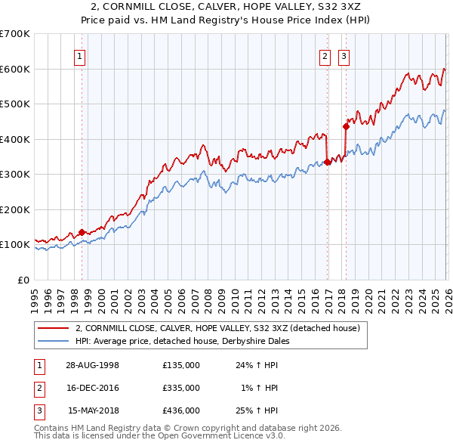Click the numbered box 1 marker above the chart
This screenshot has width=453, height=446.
point(80,55)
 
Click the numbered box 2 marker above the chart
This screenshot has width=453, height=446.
point(325,55)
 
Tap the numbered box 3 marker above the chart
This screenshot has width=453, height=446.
point(344,55)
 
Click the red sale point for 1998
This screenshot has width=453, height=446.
point(82,233)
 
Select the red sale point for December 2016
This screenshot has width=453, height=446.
point(327,162)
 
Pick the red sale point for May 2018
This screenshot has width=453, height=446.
point(346,126)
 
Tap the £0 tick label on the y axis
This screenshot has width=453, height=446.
point(23,280)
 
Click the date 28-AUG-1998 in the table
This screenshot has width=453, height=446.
point(94,365)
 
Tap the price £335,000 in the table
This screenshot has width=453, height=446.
point(181,388)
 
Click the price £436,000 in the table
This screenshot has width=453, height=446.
point(181,410)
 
